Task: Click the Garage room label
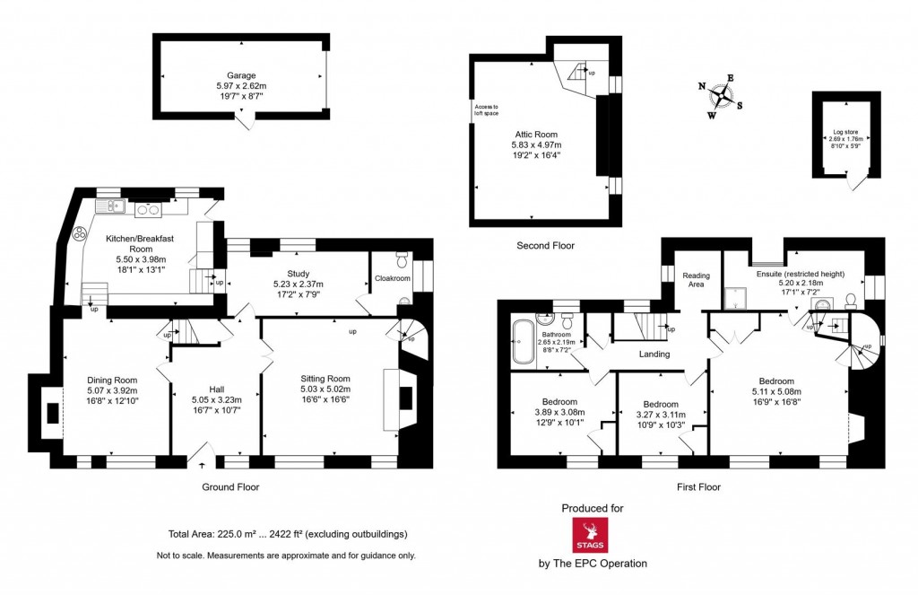click(x=241, y=75)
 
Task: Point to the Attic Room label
click(x=536, y=134)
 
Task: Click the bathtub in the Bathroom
click(x=522, y=342)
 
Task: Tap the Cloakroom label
click(x=393, y=278)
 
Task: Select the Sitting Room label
click(x=325, y=379)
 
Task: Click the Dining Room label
click(x=112, y=380)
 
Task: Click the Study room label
click(x=299, y=274)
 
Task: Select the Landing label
click(x=654, y=354)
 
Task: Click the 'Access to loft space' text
click(x=486, y=110)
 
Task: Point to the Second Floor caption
click(x=545, y=245)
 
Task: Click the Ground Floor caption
click(x=230, y=487)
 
